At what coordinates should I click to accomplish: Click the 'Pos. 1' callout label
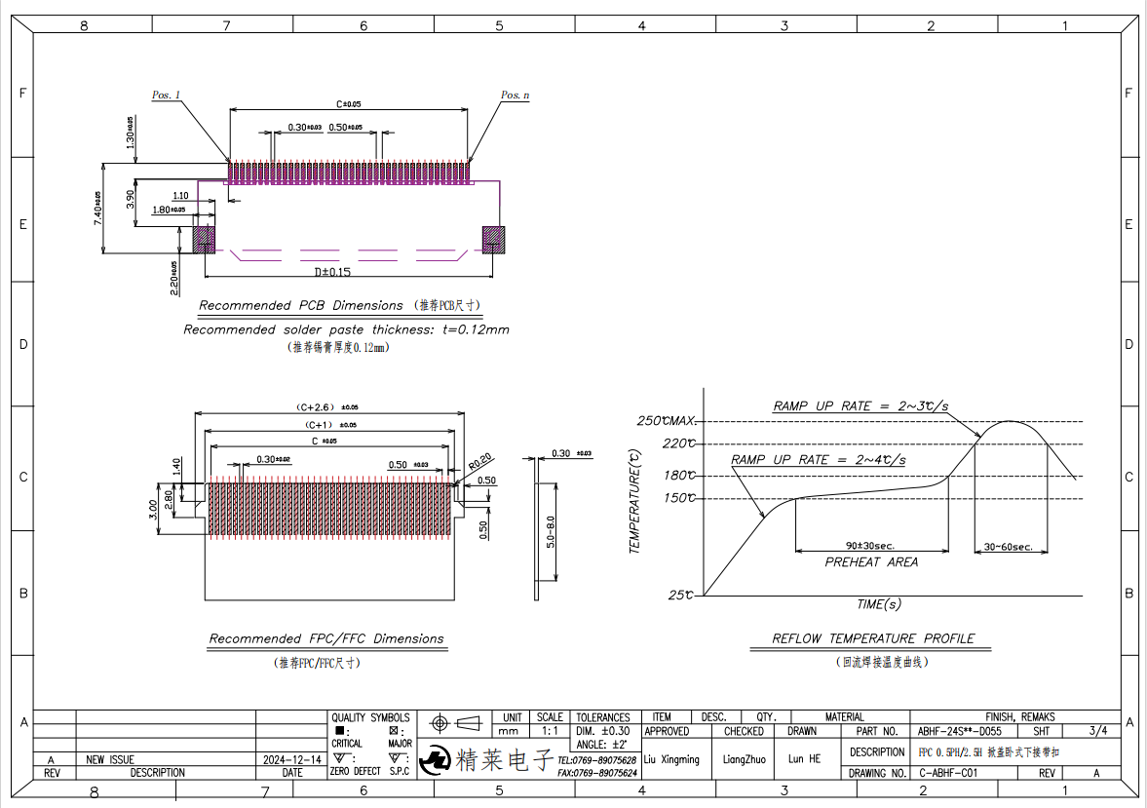tap(167, 96)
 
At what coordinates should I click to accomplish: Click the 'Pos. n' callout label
tap(516, 96)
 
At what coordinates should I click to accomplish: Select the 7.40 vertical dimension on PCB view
tap(97, 209)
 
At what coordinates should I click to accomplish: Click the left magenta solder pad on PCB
tap(204, 239)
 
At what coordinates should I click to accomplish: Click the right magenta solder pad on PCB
tap(494, 239)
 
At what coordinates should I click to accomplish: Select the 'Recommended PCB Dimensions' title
tap(300, 306)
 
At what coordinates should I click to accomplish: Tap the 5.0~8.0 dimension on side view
tap(552, 532)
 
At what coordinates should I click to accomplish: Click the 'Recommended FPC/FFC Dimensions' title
tap(326, 639)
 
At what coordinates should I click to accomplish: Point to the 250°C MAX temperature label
tap(667, 421)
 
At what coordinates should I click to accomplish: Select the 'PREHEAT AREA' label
tap(871, 562)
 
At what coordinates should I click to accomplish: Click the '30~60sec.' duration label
tap(1008, 547)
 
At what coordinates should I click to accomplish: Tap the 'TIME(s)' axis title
tap(878, 604)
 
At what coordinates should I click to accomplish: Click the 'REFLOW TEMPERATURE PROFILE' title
tap(873, 639)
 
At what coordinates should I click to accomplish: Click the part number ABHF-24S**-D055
tap(960, 731)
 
